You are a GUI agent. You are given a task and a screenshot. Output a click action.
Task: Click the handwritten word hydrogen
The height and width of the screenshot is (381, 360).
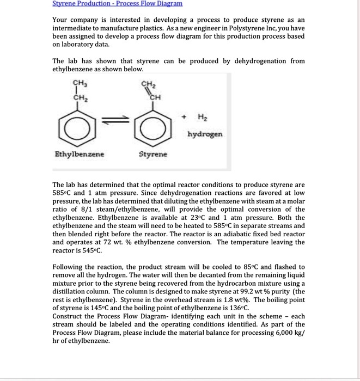click(205, 133)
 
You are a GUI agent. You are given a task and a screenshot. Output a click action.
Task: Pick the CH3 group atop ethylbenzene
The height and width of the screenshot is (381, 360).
click(79, 84)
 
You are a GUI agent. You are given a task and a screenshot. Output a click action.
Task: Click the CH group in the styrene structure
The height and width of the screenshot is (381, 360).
click(156, 97)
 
